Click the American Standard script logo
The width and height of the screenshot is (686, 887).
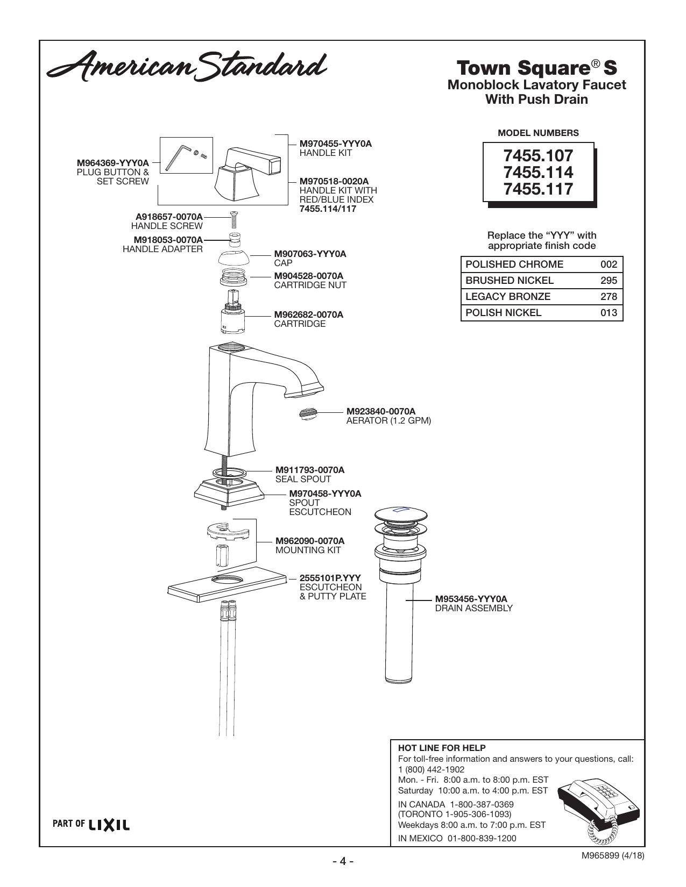coord(187,66)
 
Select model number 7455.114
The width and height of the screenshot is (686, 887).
coord(538,172)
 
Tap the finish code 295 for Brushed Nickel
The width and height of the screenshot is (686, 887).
coord(609,281)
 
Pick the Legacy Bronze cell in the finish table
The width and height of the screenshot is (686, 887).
coord(508,296)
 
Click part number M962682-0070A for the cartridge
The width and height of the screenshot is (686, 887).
coord(308,314)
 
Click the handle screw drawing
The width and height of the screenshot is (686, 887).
coord(235,219)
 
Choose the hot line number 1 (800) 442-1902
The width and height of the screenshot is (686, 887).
coord(431,769)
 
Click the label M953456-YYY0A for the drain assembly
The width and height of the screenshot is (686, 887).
coord(471,599)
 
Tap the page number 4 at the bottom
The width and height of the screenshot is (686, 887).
coord(343,862)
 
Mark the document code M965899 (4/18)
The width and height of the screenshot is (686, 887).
coord(613,856)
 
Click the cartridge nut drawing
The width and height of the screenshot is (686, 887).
coord(234,278)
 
